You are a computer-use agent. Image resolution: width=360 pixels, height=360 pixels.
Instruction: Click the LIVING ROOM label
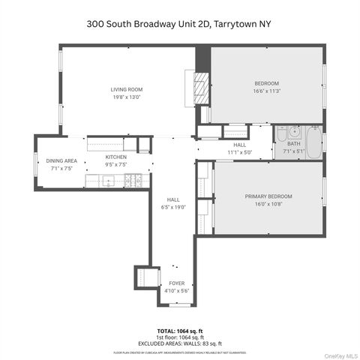127,89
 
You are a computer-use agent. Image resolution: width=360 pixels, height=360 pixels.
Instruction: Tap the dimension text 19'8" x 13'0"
127,97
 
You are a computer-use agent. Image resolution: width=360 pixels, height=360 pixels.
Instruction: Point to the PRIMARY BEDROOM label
268,196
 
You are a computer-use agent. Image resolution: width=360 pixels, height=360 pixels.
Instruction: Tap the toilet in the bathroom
282,135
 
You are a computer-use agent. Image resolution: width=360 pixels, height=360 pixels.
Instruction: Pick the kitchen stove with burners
134,180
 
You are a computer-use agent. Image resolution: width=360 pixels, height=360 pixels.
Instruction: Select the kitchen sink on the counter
109,180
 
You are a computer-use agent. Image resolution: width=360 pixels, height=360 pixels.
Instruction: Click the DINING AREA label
61,161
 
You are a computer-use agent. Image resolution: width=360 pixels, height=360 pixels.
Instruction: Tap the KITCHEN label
115,157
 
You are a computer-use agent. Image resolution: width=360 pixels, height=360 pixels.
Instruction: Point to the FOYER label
176,283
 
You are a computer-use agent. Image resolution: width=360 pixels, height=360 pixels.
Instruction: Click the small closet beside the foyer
142,276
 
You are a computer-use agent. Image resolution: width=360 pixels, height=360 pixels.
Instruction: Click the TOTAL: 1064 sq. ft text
179,331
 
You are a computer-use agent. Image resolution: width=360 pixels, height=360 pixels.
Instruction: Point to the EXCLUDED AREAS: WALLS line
179,342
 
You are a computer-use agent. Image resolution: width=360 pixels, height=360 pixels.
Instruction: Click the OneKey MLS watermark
340,353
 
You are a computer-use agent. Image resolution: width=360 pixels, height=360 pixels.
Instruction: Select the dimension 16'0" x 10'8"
268,204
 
